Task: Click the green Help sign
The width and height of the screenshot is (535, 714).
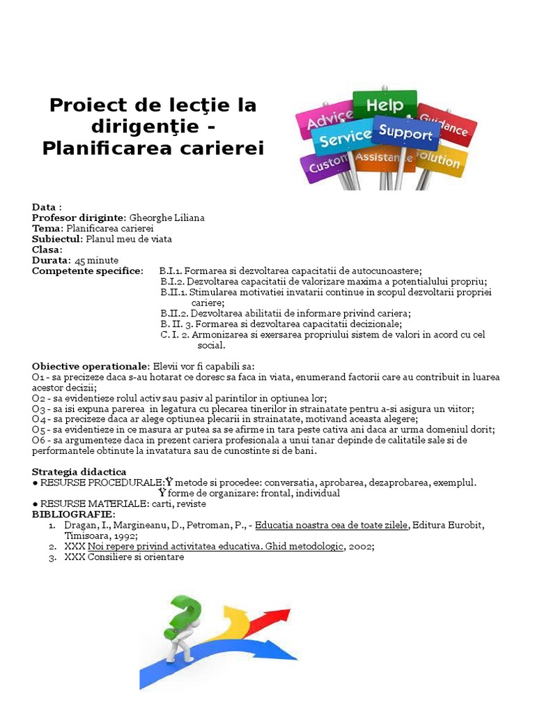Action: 385,106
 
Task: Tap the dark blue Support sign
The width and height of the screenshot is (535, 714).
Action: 405,132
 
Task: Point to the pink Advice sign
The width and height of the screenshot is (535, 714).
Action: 329,120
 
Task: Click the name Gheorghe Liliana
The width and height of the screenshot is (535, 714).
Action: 166,218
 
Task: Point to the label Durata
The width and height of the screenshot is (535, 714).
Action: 50,260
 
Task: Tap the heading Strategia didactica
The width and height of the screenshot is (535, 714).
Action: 79,472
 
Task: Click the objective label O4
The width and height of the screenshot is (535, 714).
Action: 38,419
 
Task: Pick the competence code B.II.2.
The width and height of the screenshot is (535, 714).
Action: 175,313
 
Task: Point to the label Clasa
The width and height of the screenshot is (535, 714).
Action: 46,250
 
